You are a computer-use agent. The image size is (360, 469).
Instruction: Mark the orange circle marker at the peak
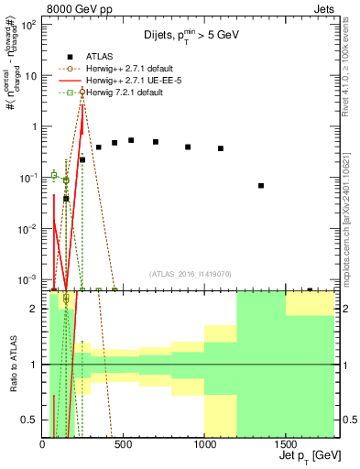tap(82, 92)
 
